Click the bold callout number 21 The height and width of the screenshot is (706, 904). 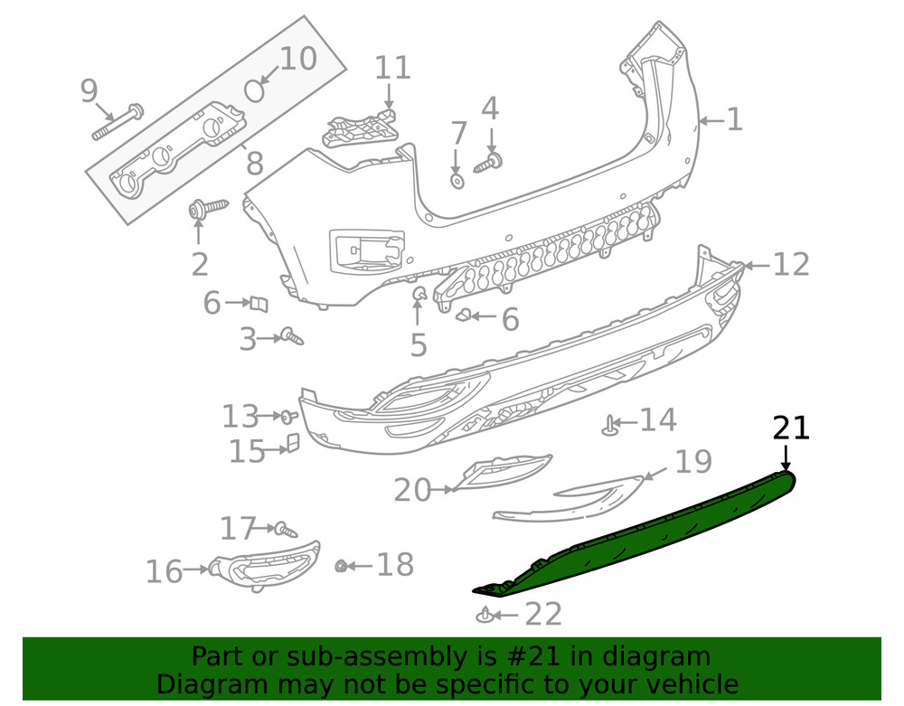coord(791,427)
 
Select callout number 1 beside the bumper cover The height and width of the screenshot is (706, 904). coord(734,119)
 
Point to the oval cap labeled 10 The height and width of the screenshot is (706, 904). coord(256,90)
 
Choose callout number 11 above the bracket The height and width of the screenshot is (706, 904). coord(392,68)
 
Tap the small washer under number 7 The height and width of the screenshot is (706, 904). coord(457,181)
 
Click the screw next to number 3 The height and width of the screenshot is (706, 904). coord(292,337)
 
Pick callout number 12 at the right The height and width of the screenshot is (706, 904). coord(791,264)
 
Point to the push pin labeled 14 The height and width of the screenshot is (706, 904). coord(611,423)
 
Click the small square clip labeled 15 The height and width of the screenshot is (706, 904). coord(293,442)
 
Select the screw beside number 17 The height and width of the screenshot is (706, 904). coord(284,528)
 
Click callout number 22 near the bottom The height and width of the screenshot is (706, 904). coord(543,615)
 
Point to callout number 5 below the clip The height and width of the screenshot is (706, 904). coord(418,345)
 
